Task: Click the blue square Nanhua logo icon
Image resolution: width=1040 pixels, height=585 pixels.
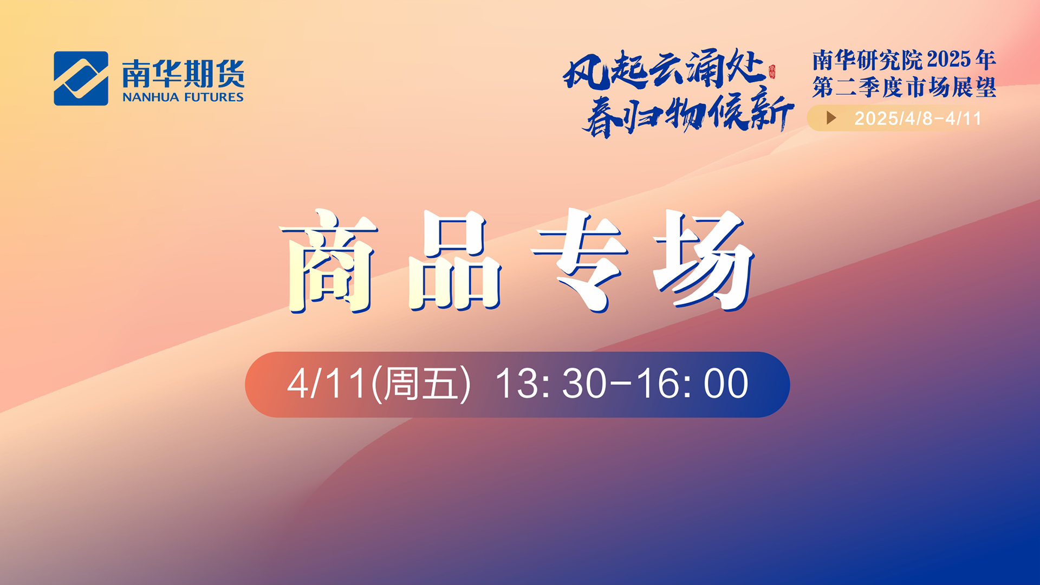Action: coord(81,78)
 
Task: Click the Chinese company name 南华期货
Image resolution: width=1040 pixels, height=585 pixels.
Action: coord(184,74)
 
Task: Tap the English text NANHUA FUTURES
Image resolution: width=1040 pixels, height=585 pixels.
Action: coord(183,97)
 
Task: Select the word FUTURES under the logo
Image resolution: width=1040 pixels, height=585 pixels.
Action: coord(214,97)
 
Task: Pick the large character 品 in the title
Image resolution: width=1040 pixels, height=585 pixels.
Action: coord(454,261)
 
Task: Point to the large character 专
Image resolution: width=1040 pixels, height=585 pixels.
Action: coord(579,261)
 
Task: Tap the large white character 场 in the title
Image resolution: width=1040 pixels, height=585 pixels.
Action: coord(704,261)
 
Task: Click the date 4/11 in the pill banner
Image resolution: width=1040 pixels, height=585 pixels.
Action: coord(327,384)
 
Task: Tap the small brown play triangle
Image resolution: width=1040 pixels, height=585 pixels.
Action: coord(831,118)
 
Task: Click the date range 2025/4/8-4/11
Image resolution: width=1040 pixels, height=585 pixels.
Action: coord(918,119)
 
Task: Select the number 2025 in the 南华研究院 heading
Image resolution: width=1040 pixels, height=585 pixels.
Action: coord(949,60)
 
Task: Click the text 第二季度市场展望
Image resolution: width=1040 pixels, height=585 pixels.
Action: coord(904,87)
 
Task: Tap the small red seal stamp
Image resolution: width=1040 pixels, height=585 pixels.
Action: coord(772,72)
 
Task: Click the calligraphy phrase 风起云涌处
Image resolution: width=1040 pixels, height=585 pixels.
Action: coord(664,69)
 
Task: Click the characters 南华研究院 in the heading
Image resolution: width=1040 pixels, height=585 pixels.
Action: coord(868,60)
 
